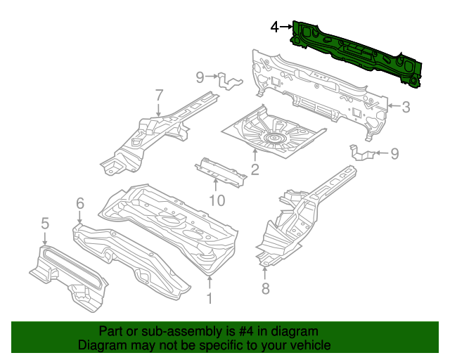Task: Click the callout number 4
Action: tap(275, 27)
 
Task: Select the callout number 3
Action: tap(406, 108)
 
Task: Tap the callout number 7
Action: tap(159, 94)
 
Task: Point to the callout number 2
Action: tap(255, 169)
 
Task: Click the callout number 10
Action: tap(217, 200)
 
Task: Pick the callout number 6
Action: tap(79, 203)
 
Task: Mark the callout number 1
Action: tap(209, 298)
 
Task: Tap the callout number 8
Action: tap(265, 288)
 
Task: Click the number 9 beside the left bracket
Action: tap(200, 76)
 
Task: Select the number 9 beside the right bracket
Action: tap(394, 153)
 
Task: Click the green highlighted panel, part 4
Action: tap(359, 53)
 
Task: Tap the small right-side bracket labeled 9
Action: tap(361, 152)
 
